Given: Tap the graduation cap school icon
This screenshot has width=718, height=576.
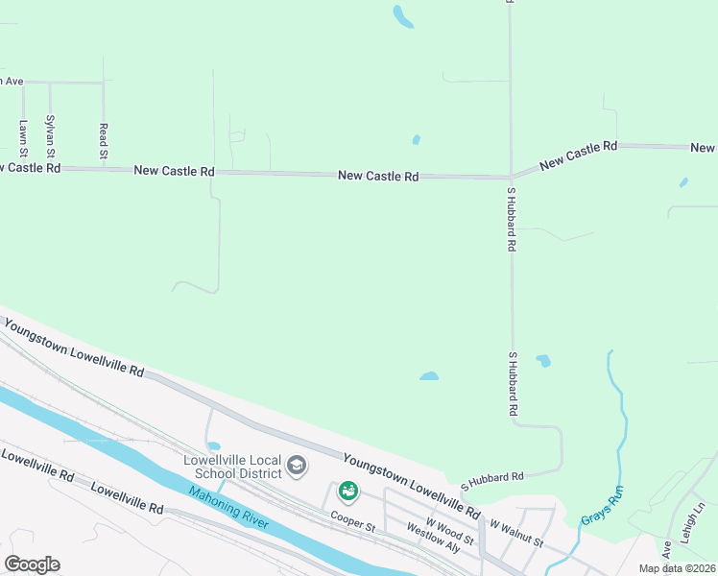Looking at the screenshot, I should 297,467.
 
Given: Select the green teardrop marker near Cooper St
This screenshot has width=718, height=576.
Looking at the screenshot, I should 347,491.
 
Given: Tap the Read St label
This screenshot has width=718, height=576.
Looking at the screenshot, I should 103,140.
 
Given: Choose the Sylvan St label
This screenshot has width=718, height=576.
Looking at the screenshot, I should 50,136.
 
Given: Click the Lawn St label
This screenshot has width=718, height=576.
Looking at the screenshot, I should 23,133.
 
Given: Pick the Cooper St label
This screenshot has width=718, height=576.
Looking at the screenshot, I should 352,521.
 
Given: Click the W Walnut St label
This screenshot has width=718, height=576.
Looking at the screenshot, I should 515,535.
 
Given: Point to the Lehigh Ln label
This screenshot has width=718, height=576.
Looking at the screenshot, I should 699,522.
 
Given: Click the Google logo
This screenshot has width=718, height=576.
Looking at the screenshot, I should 32,564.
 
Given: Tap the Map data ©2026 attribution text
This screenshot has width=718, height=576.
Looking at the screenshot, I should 677,568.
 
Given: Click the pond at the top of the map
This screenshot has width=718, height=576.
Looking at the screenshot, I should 403,16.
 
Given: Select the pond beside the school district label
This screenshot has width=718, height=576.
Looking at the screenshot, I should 213,446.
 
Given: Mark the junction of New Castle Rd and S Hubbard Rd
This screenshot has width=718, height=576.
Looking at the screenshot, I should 510,177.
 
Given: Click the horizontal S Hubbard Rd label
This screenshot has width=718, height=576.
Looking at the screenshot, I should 491,477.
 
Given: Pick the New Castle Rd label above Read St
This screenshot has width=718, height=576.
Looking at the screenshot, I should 174,170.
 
